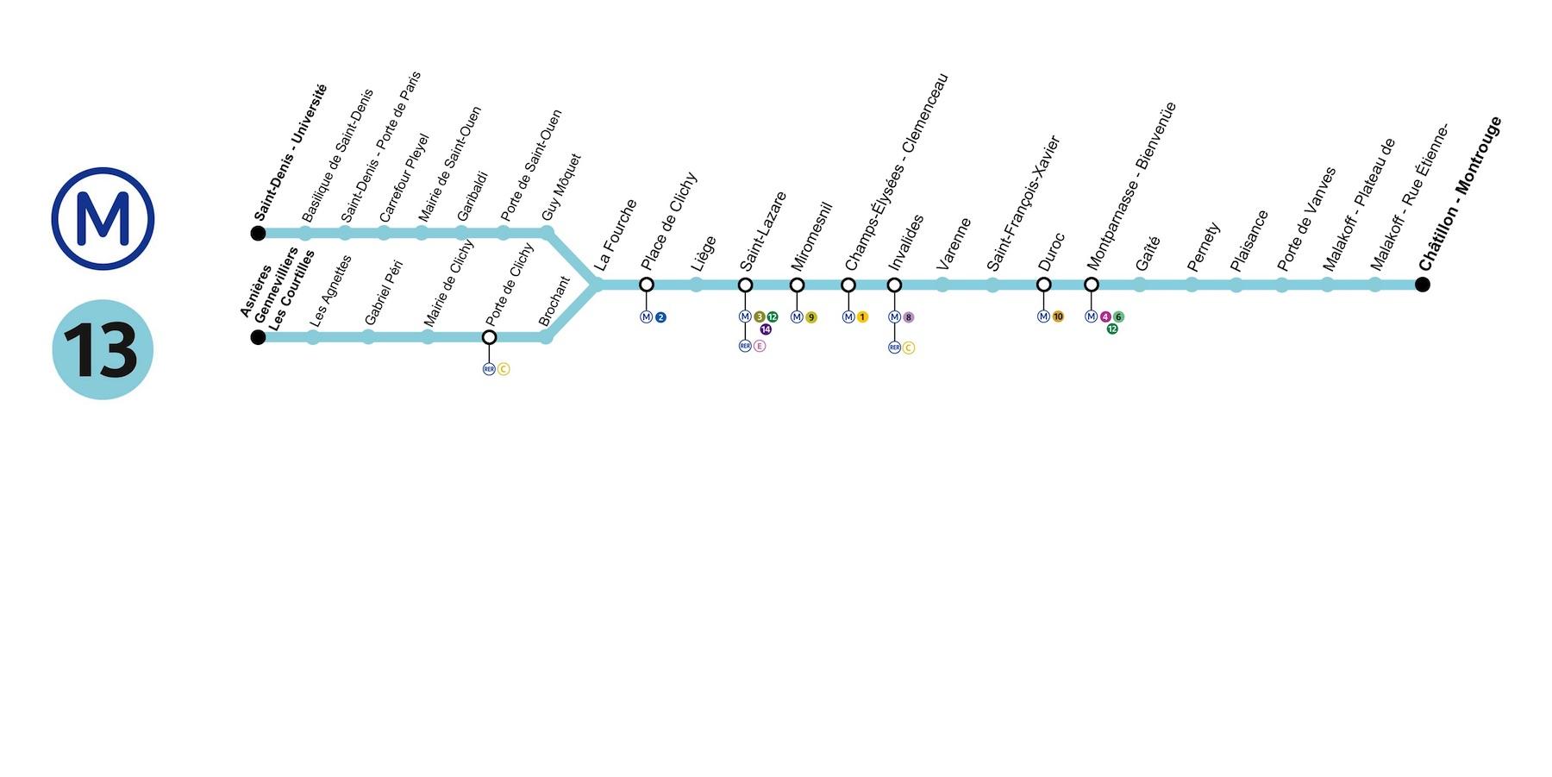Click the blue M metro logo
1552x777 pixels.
coord(103,218)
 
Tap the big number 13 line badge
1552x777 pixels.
coord(103,349)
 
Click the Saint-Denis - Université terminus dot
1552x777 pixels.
coord(258,233)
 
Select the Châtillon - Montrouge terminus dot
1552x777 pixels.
coord(1423,285)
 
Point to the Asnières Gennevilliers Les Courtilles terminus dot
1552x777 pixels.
coord(258,337)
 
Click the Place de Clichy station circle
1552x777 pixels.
coord(647,285)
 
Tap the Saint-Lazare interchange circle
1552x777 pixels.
coord(746,285)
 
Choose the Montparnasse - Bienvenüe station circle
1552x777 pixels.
coord(1092,285)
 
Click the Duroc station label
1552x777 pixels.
coord(1052,251)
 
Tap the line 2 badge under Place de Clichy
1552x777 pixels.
coord(660,317)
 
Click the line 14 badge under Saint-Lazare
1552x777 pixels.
coord(766,329)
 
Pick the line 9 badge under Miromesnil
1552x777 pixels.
coord(811,317)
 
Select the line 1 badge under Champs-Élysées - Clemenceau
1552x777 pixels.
coord(862,317)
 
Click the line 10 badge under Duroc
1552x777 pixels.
coord(1058,316)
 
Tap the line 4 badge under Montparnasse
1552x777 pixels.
coord(1105,317)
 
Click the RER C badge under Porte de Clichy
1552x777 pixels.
coord(504,369)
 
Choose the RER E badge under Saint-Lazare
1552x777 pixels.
coord(760,346)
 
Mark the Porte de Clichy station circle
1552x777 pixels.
coord(490,337)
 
